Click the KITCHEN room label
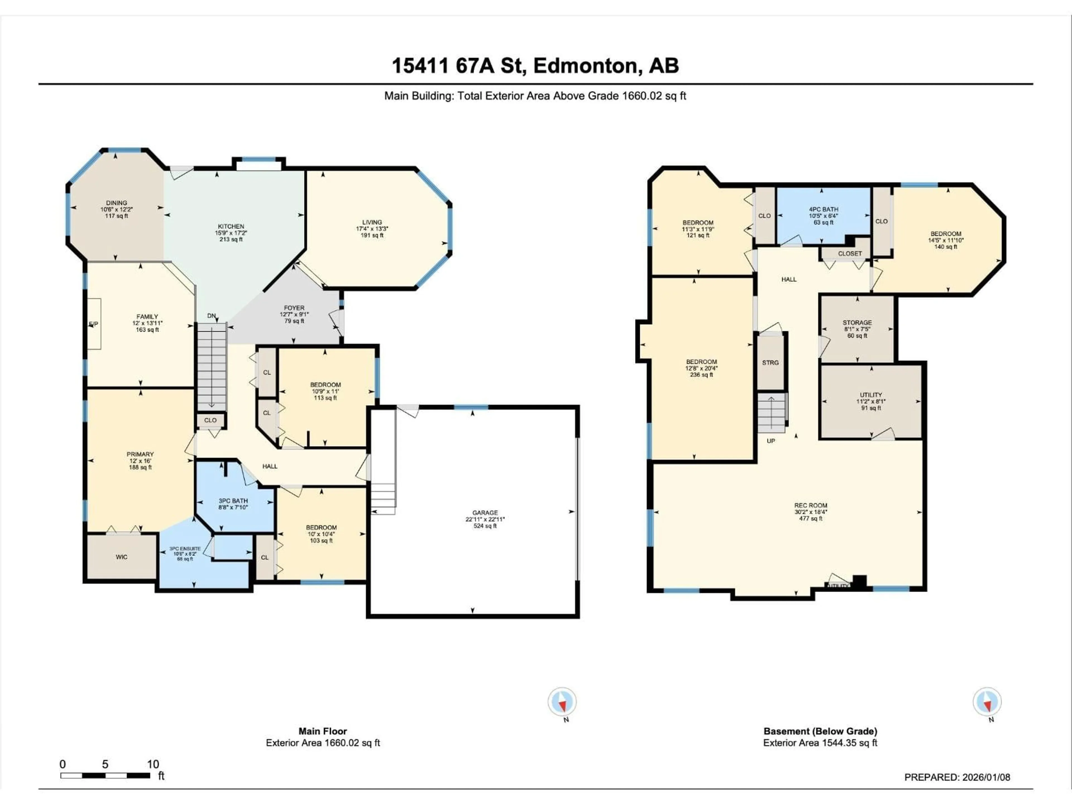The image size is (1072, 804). click(x=231, y=226)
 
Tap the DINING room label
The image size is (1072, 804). click(x=116, y=203)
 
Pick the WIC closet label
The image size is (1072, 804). click(x=122, y=557)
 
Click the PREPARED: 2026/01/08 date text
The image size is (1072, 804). click(x=957, y=777)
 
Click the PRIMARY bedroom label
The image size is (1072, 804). click(x=140, y=454)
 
